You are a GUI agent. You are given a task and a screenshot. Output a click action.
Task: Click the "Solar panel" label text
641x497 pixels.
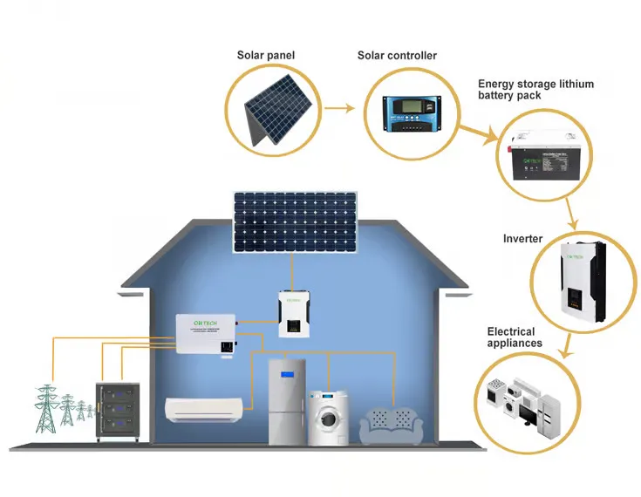pyautogui.click(x=266, y=56)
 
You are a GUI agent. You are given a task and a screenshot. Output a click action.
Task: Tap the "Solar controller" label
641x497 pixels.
pyautogui.click(x=397, y=56)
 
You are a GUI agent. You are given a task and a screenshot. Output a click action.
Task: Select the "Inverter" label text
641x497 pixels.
pyautogui.click(x=522, y=239)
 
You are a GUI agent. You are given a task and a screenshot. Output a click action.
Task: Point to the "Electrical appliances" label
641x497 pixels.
pyautogui.click(x=515, y=337)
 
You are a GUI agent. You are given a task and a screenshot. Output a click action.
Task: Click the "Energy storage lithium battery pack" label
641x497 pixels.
pyautogui.click(x=535, y=90)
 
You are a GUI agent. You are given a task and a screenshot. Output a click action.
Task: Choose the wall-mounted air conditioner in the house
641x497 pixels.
pyautogui.click(x=204, y=407)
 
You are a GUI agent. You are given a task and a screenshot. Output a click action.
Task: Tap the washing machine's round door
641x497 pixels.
pyautogui.click(x=328, y=418)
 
